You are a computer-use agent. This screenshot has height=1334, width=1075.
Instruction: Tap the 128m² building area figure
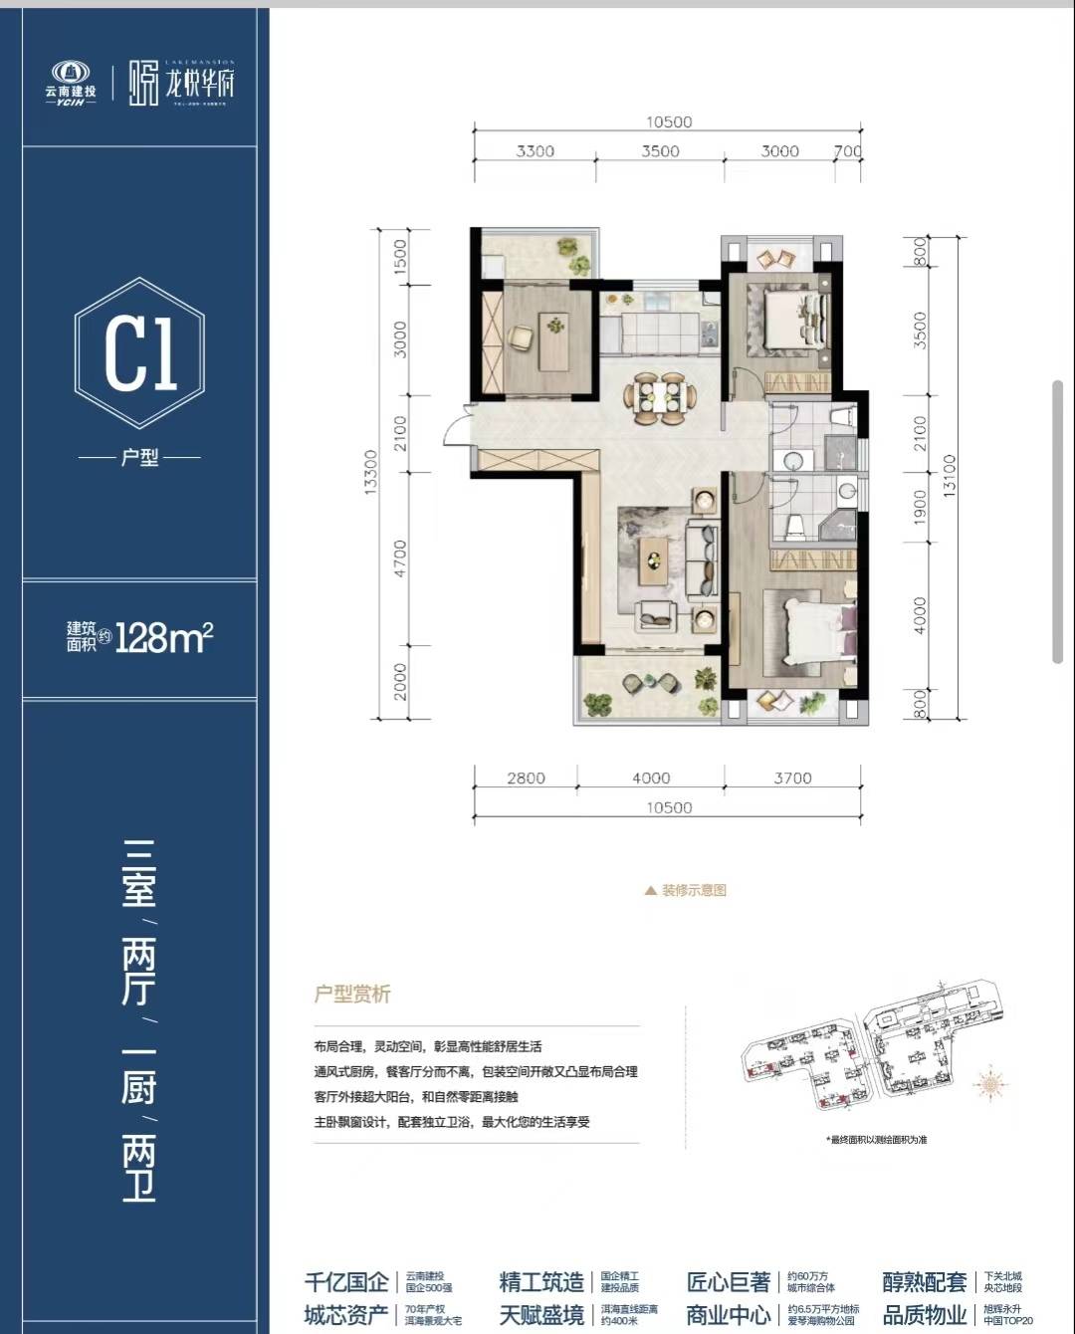(164, 638)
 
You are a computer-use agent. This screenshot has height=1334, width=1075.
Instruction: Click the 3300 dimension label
(536, 151)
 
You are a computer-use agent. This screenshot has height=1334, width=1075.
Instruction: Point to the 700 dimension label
(847, 151)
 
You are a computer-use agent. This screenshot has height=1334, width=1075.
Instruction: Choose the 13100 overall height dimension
(949, 476)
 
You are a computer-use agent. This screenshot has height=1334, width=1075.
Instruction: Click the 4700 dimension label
(400, 559)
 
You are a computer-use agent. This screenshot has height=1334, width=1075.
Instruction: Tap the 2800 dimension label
(526, 778)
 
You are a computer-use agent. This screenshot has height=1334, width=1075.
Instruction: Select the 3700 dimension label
(792, 778)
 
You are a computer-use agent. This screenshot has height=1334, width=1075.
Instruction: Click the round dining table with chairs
(657, 397)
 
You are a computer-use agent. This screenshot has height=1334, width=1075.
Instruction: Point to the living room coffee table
(654, 559)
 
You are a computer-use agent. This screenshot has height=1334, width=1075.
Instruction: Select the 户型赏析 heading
(352, 994)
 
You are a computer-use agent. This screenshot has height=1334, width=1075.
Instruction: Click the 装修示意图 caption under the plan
(693, 890)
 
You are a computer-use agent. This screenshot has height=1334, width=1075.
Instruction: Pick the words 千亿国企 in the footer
(346, 1281)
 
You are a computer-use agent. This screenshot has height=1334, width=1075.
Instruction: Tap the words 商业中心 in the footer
(728, 1314)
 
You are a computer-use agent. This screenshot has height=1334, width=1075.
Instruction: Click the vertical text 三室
(139, 874)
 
